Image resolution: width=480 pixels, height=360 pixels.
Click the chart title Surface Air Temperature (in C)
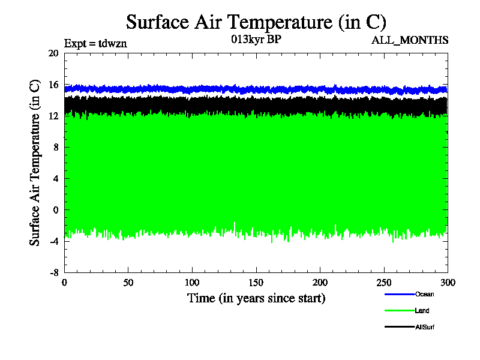click(x=256, y=22)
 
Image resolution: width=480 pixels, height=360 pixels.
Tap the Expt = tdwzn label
click(x=95, y=43)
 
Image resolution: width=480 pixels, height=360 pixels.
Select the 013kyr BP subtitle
click(x=256, y=40)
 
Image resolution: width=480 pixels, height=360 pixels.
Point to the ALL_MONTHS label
click(x=410, y=40)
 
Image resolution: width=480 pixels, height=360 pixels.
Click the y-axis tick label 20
click(x=53, y=53)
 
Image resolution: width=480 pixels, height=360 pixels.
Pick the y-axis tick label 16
click(x=53, y=85)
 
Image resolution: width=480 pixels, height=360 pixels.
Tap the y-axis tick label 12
click(x=53, y=116)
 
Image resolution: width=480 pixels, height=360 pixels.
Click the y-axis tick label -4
click(x=53, y=241)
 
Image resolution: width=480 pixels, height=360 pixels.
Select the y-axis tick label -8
click(x=53, y=272)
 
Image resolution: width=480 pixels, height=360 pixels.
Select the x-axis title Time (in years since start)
click(x=256, y=298)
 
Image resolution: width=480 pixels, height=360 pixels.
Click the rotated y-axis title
click(x=35, y=163)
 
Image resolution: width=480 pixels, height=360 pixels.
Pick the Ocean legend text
click(x=424, y=294)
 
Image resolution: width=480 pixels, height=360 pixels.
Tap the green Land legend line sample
click(x=399, y=311)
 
